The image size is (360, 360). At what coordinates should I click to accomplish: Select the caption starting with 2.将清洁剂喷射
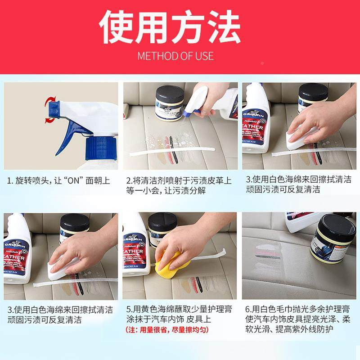coord(179,185)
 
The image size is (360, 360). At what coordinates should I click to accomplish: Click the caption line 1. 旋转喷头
coord(59,181)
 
